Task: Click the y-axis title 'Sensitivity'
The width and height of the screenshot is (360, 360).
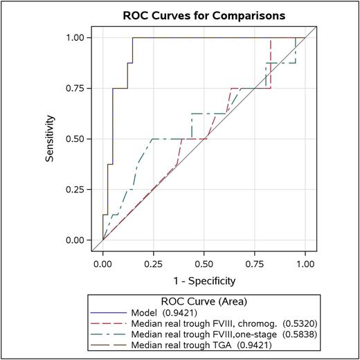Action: pos(50,138)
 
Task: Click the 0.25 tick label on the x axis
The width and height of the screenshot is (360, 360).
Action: pos(154,263)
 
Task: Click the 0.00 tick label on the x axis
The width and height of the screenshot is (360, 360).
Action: pos(103,263)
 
